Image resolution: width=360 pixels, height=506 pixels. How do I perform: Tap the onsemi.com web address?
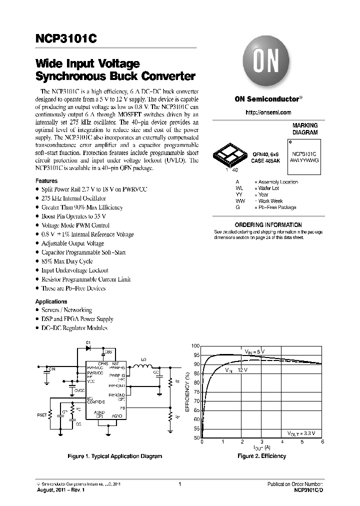(268, 113)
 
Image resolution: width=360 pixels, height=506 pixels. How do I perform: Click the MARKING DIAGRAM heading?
(304, 129)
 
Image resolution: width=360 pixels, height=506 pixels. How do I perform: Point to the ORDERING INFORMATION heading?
(268, 225)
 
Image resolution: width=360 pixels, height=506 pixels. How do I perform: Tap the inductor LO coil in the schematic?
(144, 368)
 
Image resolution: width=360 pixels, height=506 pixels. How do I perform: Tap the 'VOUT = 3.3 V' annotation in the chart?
(304, 432)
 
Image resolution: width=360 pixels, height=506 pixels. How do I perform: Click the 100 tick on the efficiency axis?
(195, 346)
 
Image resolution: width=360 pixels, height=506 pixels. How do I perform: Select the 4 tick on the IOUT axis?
(282, 442)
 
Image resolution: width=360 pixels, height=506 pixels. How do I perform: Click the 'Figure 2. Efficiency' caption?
(261, 456)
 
